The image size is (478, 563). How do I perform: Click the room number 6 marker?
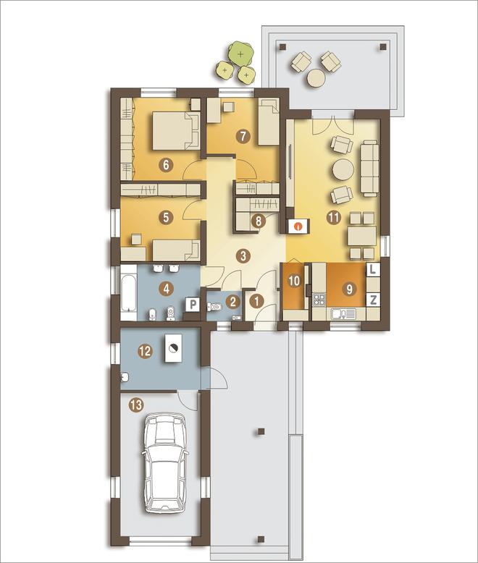166,165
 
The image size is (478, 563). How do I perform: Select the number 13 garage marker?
136,405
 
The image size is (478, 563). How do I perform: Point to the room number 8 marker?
259,221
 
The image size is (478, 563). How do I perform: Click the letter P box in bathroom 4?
193,305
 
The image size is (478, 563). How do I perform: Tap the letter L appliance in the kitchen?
373,270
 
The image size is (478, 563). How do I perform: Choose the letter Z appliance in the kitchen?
373,300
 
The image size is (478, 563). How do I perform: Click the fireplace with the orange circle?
298,226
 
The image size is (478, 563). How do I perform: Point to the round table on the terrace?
316,78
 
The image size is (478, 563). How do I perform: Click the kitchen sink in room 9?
343,314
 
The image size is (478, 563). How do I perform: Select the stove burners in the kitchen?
319,300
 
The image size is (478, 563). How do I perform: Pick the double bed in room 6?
176,130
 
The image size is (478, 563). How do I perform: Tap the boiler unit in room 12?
174,347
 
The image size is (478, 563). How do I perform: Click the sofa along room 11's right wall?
370,168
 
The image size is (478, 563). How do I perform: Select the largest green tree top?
240,54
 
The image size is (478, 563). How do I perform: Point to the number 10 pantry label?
294,281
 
